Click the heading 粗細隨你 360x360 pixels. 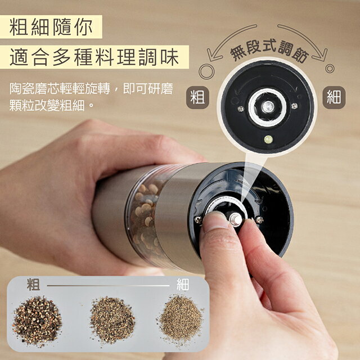pos(51,28)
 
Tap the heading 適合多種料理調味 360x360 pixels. pos(94,57)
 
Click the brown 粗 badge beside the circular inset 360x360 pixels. pos(197,97)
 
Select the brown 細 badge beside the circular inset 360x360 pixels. pos(334,97)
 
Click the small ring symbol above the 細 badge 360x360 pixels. pos(330,69)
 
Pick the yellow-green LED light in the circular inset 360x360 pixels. pos(268,139)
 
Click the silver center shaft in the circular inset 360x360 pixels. pos(268,106)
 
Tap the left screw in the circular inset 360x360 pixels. pos(240,109)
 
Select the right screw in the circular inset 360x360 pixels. pos(294,106)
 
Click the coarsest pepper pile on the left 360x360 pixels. pos(37,321)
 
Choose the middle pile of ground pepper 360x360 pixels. pos(112,320)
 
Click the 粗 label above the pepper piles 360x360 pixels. pos(34,285)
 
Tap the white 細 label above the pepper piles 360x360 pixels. pos(183,285)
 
